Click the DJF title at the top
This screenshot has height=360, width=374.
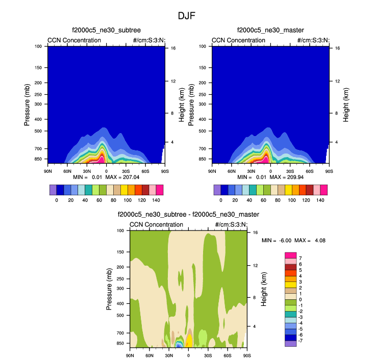click(187, 16)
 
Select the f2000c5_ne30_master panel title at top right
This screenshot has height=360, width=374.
click(270, 32)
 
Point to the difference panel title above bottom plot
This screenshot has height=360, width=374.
click(188, 215)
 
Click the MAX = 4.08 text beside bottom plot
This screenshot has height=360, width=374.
click(309, 240)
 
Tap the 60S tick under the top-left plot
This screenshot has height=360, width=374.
click(145, 172)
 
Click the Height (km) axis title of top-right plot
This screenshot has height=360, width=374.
click(346, 104)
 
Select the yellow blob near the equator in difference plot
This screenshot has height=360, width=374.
click(189, 341)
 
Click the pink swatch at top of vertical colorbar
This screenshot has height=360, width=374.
click(290, 255)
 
